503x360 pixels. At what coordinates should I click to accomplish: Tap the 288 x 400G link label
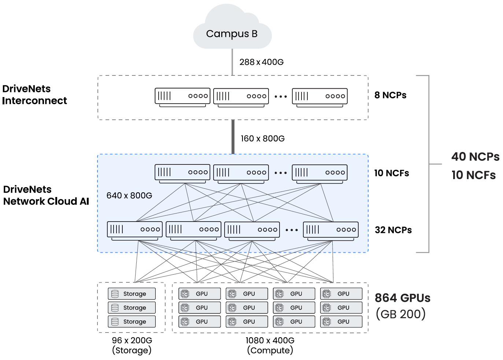click(261, 62)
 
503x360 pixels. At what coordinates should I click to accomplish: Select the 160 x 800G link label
click(262, 138)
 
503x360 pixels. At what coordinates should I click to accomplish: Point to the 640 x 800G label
click(129, 196)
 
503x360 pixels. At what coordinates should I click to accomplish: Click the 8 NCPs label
click(390, 95)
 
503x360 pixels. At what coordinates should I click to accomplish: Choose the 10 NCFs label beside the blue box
click(391, 173)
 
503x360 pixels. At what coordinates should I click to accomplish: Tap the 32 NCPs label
click(393, 230)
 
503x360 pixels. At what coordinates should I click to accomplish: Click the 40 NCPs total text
click(475, 157)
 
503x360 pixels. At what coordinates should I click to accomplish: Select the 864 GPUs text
click(402, 298)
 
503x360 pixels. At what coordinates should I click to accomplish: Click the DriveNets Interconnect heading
click(34, 94)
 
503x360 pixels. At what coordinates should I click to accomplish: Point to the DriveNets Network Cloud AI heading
click(46, 195)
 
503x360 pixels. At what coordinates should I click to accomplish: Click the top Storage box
click(132, 294)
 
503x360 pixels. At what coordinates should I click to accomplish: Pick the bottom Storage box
click(132, 322)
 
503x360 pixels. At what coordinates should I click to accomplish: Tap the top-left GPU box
click(199, 294)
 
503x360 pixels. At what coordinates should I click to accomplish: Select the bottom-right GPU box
click(341, 322)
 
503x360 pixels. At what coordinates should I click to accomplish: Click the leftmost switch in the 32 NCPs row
click(135, 230)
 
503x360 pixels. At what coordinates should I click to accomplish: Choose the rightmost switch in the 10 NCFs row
click(319, 173)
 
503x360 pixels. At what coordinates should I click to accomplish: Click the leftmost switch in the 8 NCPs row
click(182, 96)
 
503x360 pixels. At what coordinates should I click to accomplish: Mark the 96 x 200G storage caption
click(132, 345)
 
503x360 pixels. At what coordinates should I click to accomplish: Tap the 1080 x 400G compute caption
click(270, 345)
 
